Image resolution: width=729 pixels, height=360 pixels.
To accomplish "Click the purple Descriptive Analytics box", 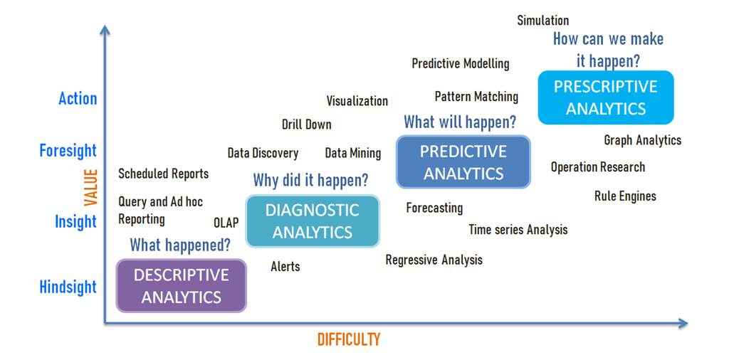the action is coord(182,286).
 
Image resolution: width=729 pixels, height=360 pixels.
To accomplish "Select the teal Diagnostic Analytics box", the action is coord(313,221).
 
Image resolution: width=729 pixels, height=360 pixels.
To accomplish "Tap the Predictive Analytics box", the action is coord(463,162).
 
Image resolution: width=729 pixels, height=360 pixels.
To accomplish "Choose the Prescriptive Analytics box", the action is coord(606,97).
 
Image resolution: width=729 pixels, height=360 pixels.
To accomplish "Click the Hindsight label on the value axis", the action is coord(68,287).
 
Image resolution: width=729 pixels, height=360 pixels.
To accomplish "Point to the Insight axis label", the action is coord(76,221).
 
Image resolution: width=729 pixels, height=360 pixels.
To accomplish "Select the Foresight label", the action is coord(68,151).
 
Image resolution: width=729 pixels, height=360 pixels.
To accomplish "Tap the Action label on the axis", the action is coord(78,98).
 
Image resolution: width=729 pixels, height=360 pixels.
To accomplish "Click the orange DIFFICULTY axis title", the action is coord(349,339).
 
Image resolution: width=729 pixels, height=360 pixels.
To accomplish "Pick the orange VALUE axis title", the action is coord(90,188).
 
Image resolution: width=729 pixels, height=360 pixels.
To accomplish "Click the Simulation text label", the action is coord(543,21).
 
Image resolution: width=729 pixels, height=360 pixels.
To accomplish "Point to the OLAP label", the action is coord(226,223).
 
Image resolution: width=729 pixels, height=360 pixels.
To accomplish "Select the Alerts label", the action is coord(285,267).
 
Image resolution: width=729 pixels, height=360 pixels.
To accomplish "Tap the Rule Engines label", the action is coord(625,196).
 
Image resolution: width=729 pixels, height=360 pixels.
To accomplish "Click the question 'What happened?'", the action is coord(180,245).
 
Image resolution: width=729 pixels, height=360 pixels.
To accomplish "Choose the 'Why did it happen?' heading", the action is coord(310,180).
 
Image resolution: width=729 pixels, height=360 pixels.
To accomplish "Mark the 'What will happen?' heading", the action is coord(460,122).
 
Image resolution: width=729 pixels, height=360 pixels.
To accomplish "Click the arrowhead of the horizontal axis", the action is coord(683,324).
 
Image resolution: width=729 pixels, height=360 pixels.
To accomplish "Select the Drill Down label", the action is coord(307,125).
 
